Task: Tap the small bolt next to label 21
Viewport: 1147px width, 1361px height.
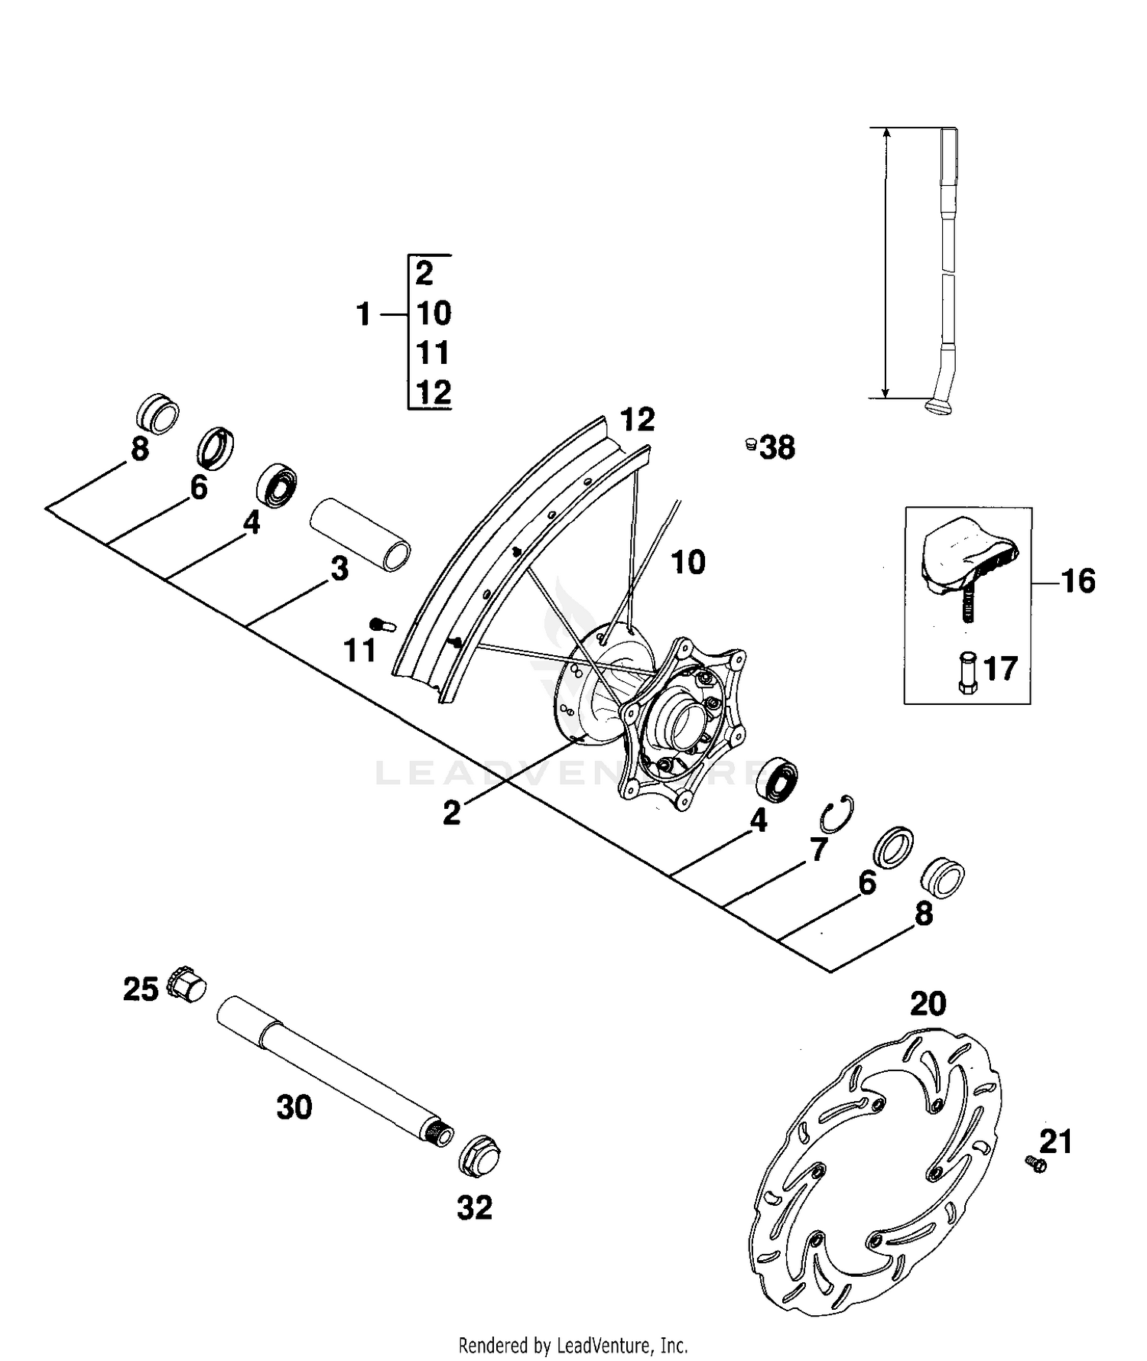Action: (1035, 1164)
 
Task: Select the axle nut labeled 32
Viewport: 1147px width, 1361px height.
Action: (479, 1158)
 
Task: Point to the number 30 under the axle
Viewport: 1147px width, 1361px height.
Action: (294, 1108)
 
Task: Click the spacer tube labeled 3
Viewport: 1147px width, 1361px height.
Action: (359, 534)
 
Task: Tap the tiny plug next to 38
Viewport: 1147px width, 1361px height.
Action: (751, 443)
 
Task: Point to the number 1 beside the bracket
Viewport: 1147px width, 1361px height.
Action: (364, 314)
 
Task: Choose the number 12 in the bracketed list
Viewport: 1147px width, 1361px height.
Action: (434, 392)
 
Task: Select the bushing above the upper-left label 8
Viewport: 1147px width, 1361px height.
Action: (158, 414)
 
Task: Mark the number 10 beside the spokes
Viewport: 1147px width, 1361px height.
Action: (687, 563)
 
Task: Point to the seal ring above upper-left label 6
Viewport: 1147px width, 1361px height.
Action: (216, 447)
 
